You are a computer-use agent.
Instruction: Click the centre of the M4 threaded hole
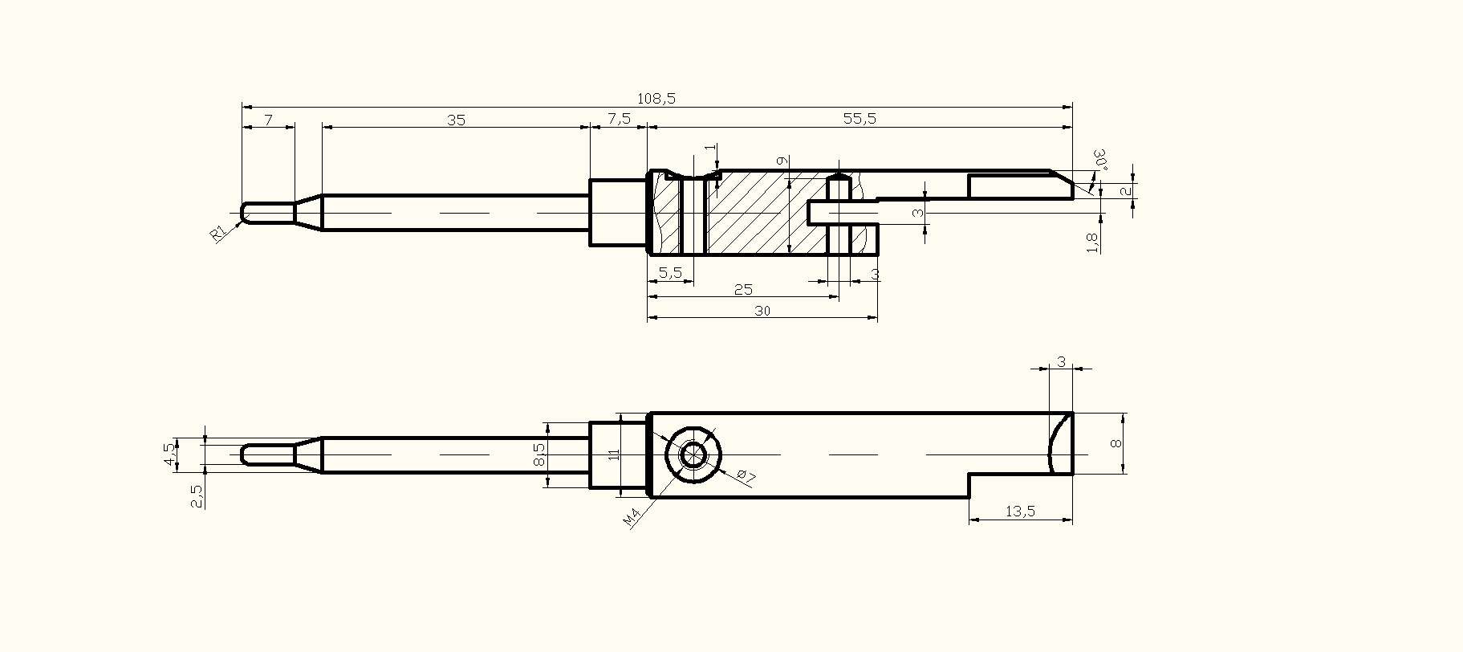[693, 455]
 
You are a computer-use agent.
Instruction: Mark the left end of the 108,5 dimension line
[242, 106]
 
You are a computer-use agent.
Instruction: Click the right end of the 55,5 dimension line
[1072, 126]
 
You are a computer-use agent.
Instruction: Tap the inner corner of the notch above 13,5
[969, 475]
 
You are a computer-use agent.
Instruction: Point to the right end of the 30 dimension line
[877, 318]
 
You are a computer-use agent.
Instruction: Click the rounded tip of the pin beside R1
[242, 213]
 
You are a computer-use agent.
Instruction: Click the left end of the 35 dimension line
[323, 126]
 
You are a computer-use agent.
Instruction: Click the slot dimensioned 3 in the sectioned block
[843, 213]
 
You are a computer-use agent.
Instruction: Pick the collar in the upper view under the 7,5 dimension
[618, 213]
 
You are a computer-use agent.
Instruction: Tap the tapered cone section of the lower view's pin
[308, 455]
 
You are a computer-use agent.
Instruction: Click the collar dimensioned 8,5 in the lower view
[618, 455]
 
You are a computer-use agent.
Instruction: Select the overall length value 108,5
[656, 98]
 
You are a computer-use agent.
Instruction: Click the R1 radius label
[218, 234]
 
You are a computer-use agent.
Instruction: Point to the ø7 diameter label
[746, 475]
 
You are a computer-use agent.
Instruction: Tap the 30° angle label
[1100, 159]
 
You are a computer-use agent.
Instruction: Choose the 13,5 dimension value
[1020, 511]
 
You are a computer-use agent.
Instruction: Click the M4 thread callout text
[632, 518]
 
